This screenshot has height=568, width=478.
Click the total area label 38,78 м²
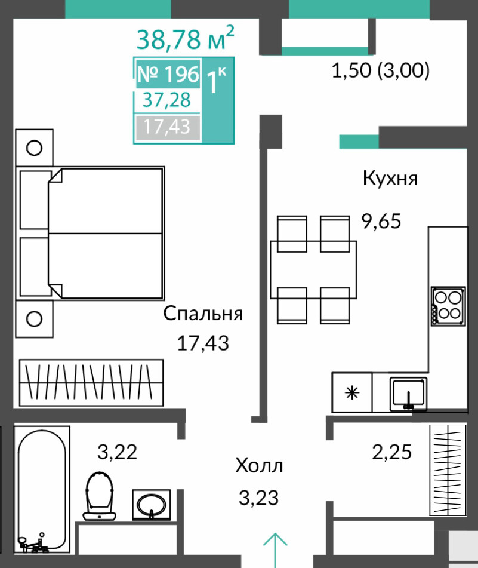point(185,38)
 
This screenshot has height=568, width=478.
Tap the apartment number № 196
point(168,74)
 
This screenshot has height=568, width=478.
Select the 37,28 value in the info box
point(166,100)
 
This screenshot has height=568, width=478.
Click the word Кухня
point(390,178)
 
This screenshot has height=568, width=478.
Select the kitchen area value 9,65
point(381,221)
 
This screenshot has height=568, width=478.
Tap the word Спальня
point(203,314)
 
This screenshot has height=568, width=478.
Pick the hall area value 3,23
point(259,498)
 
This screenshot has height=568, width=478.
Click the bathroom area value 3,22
point(118,452)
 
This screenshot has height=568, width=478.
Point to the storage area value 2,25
point(392,452)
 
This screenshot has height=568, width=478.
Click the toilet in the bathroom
point(100,496)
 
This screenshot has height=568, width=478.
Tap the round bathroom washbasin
point(151,505)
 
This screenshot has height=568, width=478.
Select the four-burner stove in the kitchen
point(448,306)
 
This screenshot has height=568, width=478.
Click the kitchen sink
point(409,394)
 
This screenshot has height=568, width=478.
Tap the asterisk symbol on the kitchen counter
point(352,393)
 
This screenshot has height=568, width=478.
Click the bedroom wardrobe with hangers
point(91,382)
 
